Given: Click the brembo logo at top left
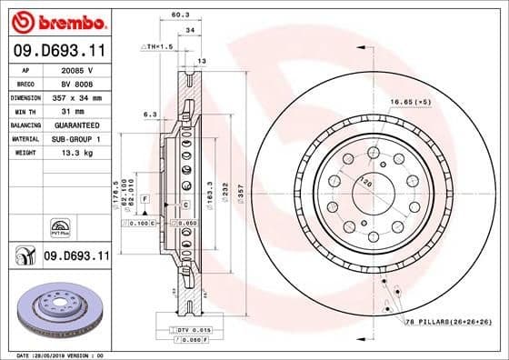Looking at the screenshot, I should click(56, 21).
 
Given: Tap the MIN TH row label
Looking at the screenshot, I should click(25, 111).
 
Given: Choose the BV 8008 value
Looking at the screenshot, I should click(75, 84).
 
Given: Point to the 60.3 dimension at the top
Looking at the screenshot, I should click(179, 15).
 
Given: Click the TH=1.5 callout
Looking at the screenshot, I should click(158, 46).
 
